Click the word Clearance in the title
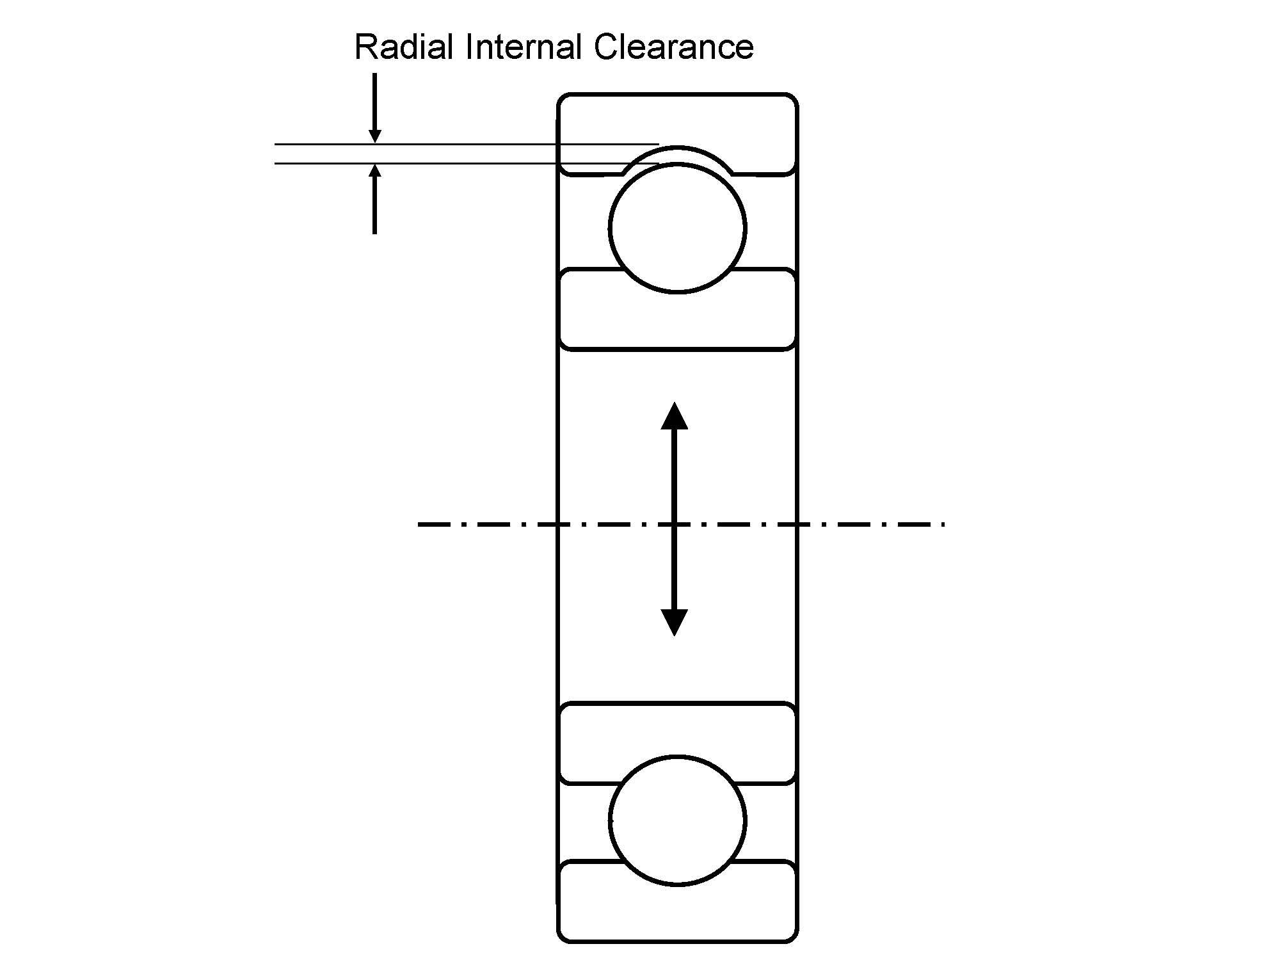[x=673, y=47]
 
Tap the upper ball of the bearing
[x=677, y=228]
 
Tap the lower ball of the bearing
[x=677, y=821]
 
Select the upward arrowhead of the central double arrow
[x=674, y=416]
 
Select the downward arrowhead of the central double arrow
[x=674, y=622]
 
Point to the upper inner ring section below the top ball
[x=677, y=320]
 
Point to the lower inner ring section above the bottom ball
[x=677, y=730]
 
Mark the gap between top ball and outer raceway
[x=677, y=155]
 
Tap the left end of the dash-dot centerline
[x=420, y=525]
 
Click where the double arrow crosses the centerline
[x=674, y=525]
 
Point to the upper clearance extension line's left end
[x=276, y=145]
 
